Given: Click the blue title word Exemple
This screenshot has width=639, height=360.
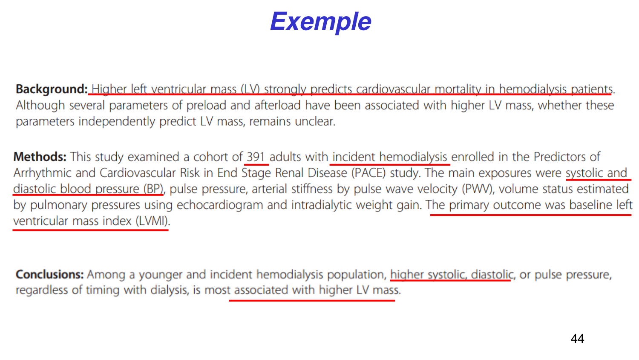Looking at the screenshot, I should pos(321,22).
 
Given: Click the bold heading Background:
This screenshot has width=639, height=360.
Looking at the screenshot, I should pos(52,89).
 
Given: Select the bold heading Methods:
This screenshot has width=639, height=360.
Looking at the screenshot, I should pos(40,157).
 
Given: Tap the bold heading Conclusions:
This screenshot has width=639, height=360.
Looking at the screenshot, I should pos(49,274).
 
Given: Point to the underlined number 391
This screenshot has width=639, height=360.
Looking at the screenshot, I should pos(256,157).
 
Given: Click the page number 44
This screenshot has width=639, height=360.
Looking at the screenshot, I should pos(577,339).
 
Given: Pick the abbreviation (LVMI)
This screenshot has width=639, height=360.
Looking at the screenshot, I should pos(153,221).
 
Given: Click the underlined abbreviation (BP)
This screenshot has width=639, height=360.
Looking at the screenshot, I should pos(153,189).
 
